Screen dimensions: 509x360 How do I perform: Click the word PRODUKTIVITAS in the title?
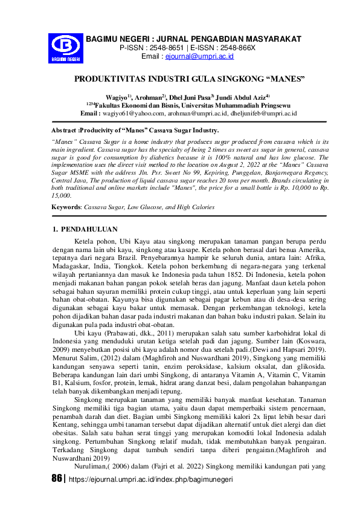point(114,79)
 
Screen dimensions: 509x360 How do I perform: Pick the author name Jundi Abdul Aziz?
point(242,96)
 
